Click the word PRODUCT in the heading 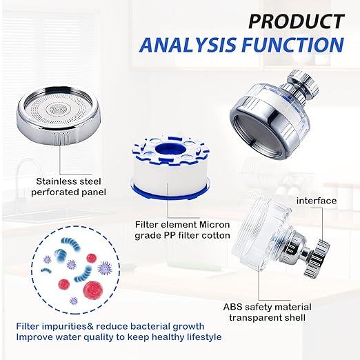[297, 21]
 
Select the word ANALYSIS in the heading [188, 44]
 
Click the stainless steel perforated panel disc [59, 115]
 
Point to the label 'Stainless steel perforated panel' [68, 187]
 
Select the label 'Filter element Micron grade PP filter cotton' [182, 230]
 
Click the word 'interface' [317, 201]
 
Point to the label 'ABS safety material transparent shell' [268, 312]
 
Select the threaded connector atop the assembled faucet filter [301, 84]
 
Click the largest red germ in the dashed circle [92, 290]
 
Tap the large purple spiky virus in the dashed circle [105, 268]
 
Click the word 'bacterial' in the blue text [150, 326]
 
